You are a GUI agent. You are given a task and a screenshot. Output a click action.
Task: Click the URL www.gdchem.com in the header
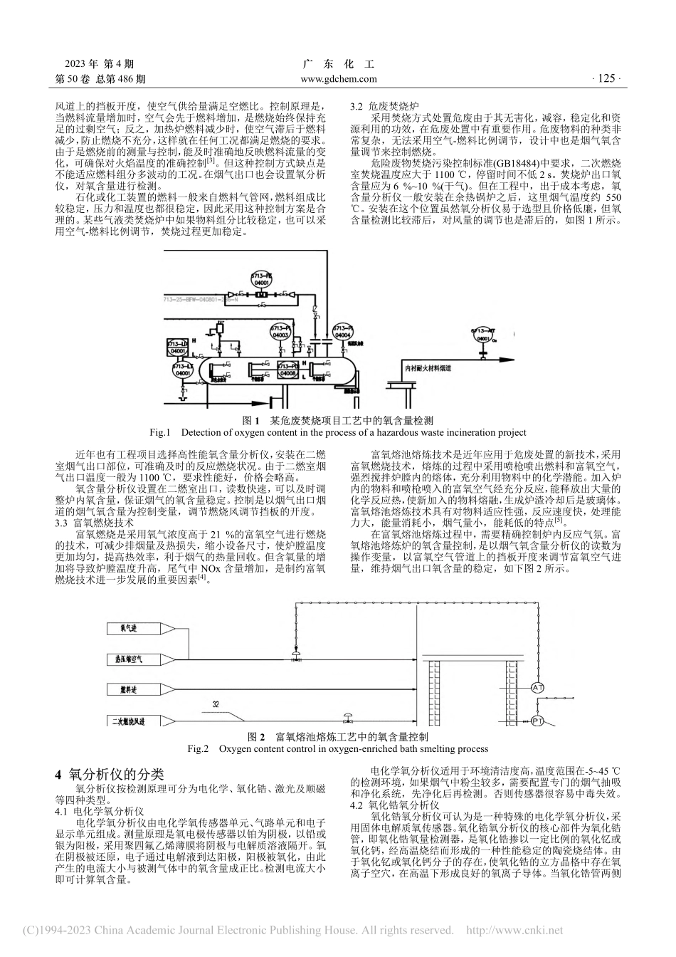click(x=339, y=80)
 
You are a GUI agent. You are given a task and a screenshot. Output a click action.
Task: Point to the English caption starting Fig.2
click(x=337, y=748)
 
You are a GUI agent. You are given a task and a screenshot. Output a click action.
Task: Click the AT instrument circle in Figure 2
click(x=538, y=687)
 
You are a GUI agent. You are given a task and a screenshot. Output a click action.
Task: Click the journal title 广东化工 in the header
click(x=339, y=64)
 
